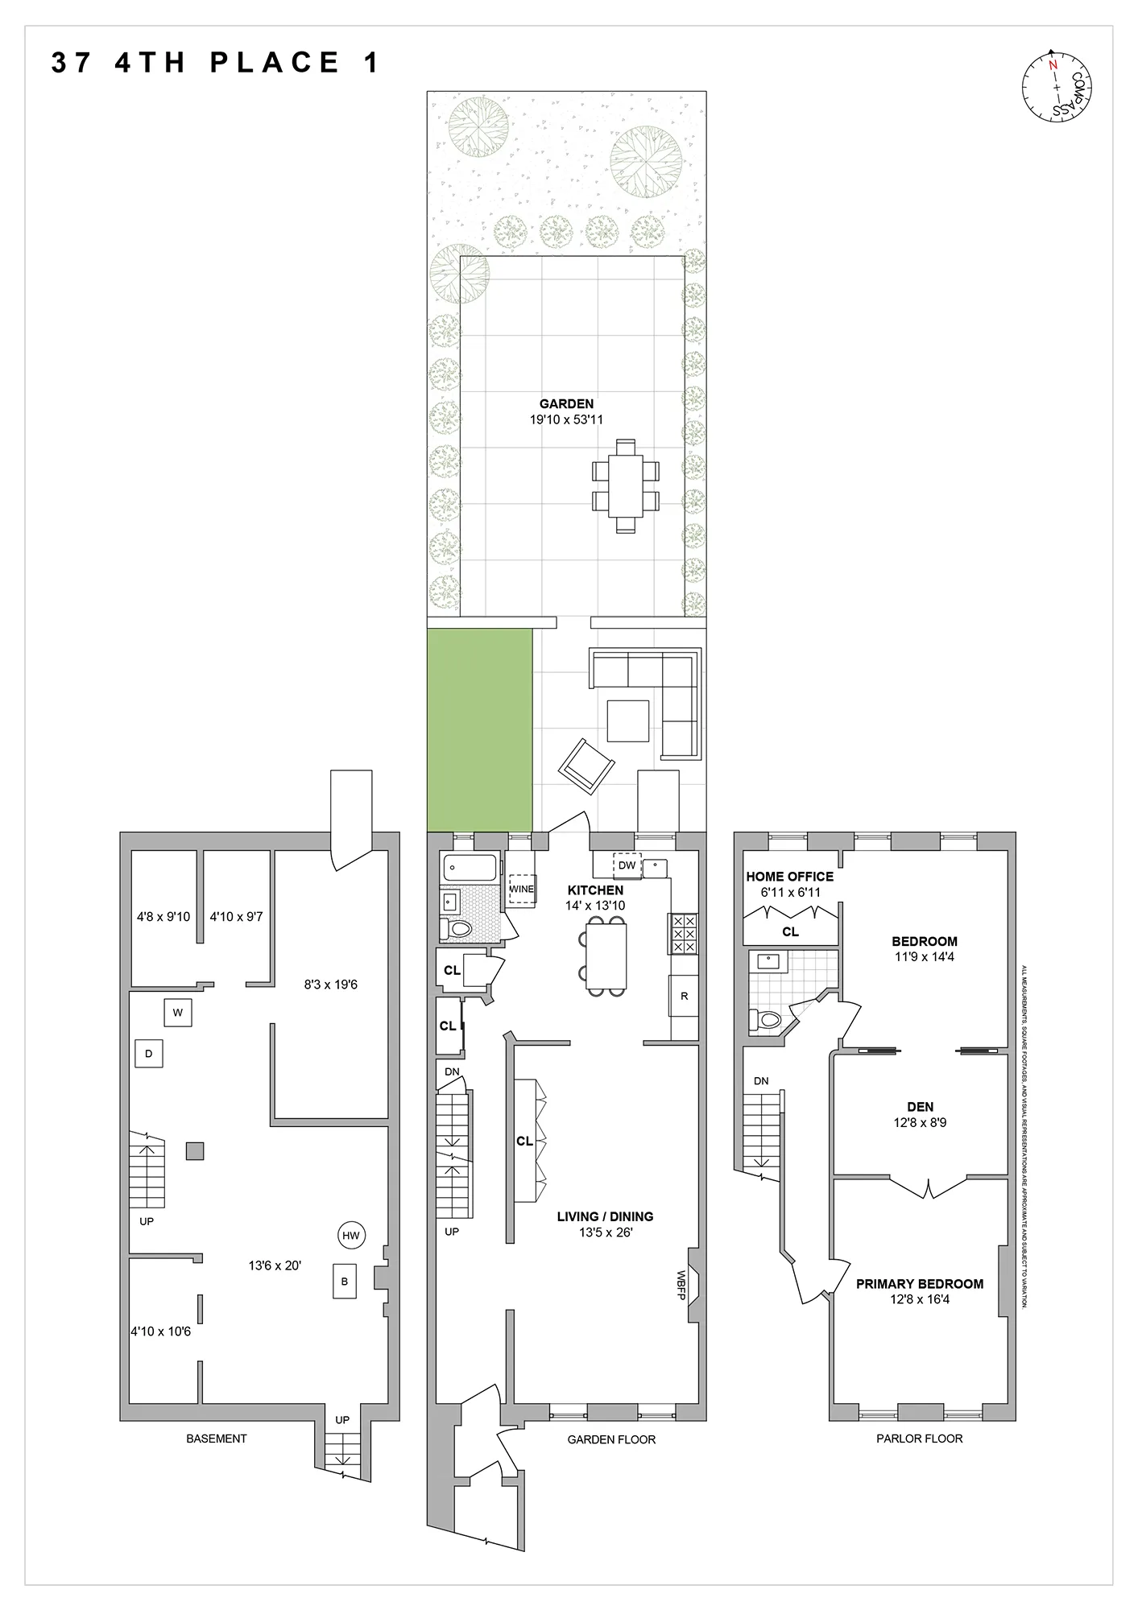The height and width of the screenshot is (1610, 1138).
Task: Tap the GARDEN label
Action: click(566, 404)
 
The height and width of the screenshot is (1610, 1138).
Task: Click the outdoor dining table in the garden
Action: click(626, 486)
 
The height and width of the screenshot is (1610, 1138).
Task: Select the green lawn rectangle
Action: click(479, 729)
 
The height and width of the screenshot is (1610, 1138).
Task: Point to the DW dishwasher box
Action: click(627, 865)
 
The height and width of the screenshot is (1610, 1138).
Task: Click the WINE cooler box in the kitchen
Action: click(522, 889)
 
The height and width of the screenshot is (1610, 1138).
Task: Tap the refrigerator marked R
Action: click(684, 996)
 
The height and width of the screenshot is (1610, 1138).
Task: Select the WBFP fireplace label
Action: click(681, 1280)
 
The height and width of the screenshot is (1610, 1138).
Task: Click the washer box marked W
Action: click(178, 1013)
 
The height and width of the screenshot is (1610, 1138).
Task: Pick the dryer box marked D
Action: click(149, 1054)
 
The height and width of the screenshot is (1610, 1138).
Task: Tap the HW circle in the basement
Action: click(350, 1236)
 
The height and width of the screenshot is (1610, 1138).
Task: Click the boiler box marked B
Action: click(345, 1282)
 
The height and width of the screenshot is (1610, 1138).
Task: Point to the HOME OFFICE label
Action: click(789, 877)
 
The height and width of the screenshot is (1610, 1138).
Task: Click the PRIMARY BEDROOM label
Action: click(919, 1284)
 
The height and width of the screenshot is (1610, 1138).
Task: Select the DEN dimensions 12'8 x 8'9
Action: click(920, 1122)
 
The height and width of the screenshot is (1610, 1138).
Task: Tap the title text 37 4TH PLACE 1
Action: click(214, 64)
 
